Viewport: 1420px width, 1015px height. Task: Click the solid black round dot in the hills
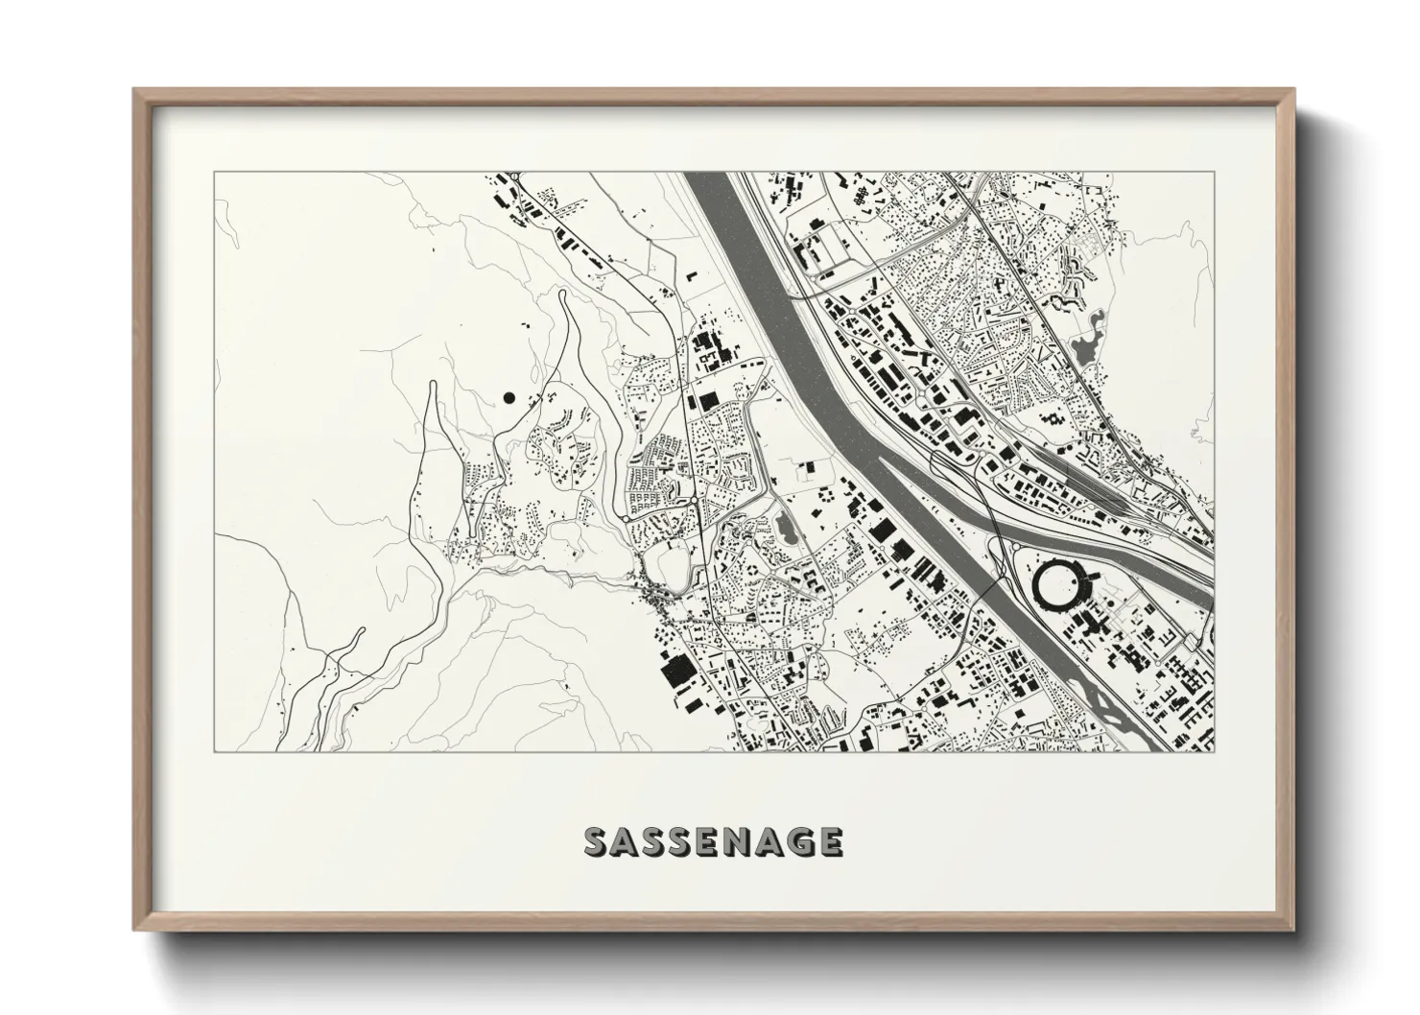pyautogui.click(x=509, y=396)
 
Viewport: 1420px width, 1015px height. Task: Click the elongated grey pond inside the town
pyautogui.click(x=785, y=526)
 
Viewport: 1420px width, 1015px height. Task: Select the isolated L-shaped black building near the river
pyautogui.click(x=690, y=278)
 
